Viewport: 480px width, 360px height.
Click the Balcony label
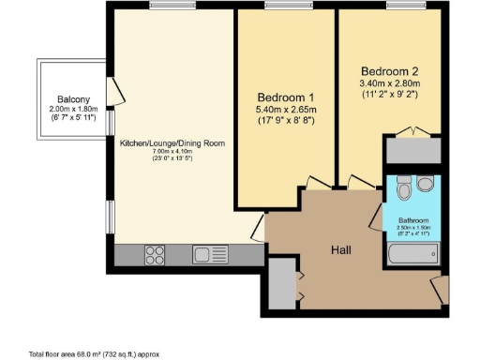pyautogui.click(x=72, y=98)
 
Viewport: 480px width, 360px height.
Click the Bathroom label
pyautogui.click(x=413, y=220)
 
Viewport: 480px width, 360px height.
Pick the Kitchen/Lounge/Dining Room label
pyautogui.click(x=172, y=143)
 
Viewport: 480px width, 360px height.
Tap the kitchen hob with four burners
pyautogui.click(x=157, y=254)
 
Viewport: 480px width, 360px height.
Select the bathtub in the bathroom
pyautogui.click(x=413, y=254)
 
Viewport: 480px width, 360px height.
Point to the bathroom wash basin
pyautogui.click(x=427, y=184)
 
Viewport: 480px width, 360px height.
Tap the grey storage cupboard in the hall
pyautogui.click(x=280, y=282)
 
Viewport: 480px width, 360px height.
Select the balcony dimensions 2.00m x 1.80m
pyautogui.click(x=72, y=109)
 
